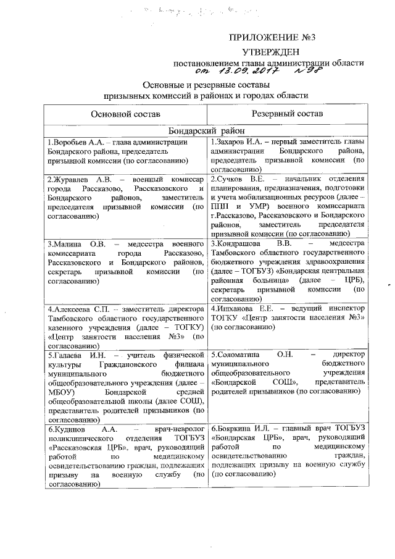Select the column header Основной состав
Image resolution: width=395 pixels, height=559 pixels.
point(125,114)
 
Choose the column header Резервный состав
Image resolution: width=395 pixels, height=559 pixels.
point(286,114)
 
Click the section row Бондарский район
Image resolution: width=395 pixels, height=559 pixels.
point(206,131)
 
